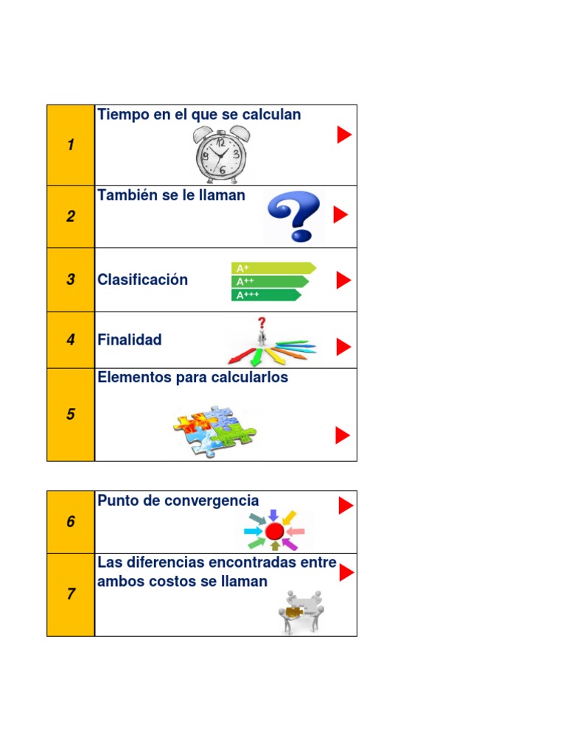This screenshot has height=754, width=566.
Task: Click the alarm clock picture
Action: tap(221, 153)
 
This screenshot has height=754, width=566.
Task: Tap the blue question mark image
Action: tap(293, 216)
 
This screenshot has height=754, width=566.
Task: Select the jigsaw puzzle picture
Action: tap(214, 431)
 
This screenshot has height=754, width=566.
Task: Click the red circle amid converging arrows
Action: tap(275, 531)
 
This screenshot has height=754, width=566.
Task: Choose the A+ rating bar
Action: tap(273, 268)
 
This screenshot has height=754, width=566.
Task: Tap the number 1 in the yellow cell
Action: tap(71, 145)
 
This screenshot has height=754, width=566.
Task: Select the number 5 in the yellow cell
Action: tap(71, 415)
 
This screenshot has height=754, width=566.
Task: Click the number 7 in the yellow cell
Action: tap(71, 594)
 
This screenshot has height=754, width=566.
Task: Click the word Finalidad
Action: tap(130, 340)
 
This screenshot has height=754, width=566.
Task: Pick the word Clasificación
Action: tap(143, 280)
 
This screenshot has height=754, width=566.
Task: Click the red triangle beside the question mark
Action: tap(340, 214)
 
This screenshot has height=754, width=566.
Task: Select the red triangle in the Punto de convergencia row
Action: tap(346, 505)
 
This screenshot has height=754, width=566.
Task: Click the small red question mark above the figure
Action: tap(261, 323)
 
